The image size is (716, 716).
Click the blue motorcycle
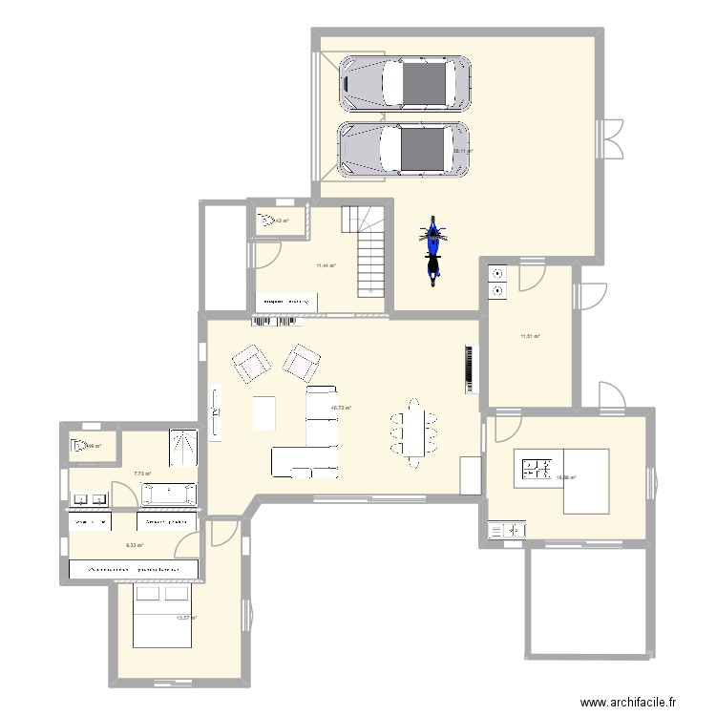433,250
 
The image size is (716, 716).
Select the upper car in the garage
405,83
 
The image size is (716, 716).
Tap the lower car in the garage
405,149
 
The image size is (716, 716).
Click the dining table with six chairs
412,432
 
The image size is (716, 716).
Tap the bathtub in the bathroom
169,494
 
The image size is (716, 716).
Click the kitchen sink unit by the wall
507,529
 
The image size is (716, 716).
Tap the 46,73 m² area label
341,408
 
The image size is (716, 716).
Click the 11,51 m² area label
530,336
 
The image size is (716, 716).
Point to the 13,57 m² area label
186,618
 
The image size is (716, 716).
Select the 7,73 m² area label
143,473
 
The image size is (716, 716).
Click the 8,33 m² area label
135,545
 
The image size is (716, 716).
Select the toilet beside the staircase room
266,223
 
